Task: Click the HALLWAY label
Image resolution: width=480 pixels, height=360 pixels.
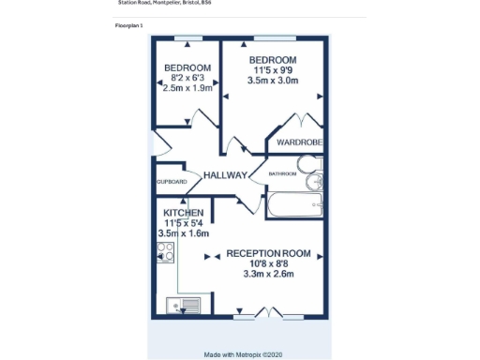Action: click(225, 175)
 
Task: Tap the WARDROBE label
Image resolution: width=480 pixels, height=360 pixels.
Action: click(300, 142)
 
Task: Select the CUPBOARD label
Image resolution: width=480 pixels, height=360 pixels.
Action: click(172, 181)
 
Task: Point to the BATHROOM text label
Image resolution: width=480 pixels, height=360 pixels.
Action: click(282, 173)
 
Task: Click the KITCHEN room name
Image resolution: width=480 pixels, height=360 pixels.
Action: click(184, 213)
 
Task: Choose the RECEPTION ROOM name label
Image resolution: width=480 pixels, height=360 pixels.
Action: click(268, 253)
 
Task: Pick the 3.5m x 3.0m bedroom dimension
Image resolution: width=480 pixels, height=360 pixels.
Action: click(273, 81)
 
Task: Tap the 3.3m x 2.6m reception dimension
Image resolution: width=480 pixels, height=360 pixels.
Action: click(268, 274)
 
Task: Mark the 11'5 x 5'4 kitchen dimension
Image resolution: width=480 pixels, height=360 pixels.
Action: click(184, 223)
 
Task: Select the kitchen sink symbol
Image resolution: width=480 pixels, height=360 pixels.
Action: click(183, 304)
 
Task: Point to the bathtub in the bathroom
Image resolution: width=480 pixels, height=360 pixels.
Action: click(294, 203)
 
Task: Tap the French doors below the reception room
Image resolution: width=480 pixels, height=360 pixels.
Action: click(267, 313)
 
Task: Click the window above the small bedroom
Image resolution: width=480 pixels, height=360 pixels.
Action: click(188, 38)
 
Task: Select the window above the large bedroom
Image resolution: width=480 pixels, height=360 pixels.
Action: click(273, 38)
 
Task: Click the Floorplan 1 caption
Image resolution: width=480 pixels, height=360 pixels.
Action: click(128, 24)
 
